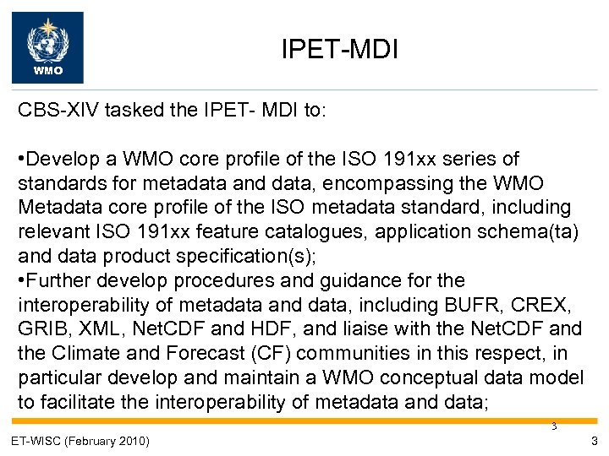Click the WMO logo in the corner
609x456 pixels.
point(47,47)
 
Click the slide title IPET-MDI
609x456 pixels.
point(339,52)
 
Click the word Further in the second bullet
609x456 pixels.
point(58,280)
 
